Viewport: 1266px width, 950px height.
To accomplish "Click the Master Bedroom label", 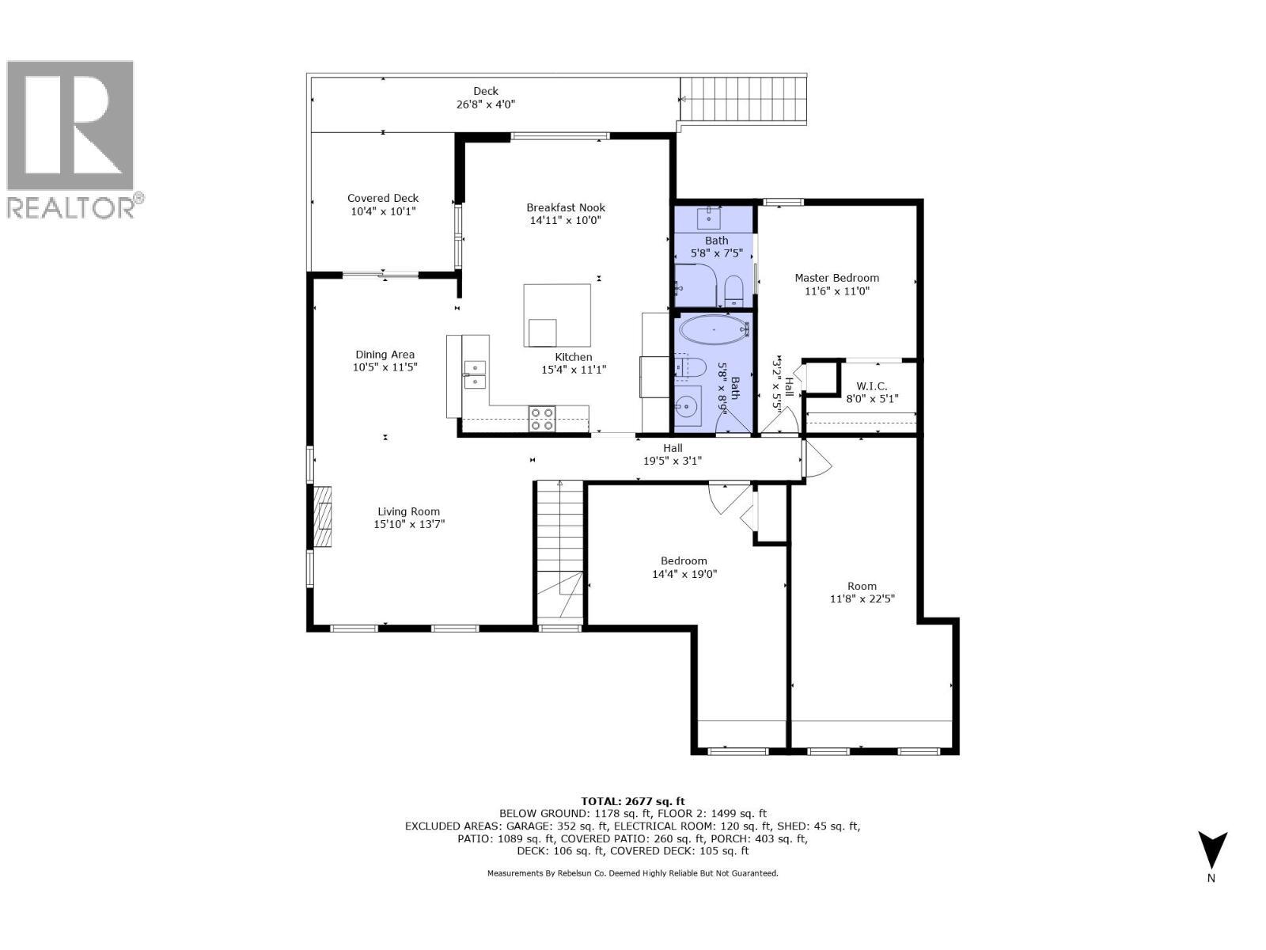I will [x=836, y=278].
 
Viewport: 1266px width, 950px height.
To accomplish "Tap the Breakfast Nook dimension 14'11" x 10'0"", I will [x=565, y=221].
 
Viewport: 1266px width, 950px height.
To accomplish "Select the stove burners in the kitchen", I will [x=542, y=419].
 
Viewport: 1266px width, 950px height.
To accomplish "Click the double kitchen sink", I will [x=475, y=374].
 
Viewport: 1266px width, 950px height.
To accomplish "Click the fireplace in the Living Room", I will [x=323, y=517].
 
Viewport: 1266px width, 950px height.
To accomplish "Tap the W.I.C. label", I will [x=866, y=386].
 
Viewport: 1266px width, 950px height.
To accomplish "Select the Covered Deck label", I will [x=383, y=199].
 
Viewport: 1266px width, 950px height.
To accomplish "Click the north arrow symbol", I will [x=1211, y=851].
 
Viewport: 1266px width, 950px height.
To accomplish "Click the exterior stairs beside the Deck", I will [x=744, y=100].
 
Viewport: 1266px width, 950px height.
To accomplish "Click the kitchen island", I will [x=557, y=315].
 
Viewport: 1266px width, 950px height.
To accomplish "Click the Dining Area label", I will [x=385, y=355].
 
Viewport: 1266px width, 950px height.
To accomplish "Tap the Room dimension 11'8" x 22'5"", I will [x=862, y=599].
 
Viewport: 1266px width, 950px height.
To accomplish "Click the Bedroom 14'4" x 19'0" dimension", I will [x=684, y=574].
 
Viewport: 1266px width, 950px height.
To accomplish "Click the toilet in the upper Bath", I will [x=733, y=290].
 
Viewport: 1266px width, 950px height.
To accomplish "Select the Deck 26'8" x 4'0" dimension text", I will [x=486, y=104].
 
